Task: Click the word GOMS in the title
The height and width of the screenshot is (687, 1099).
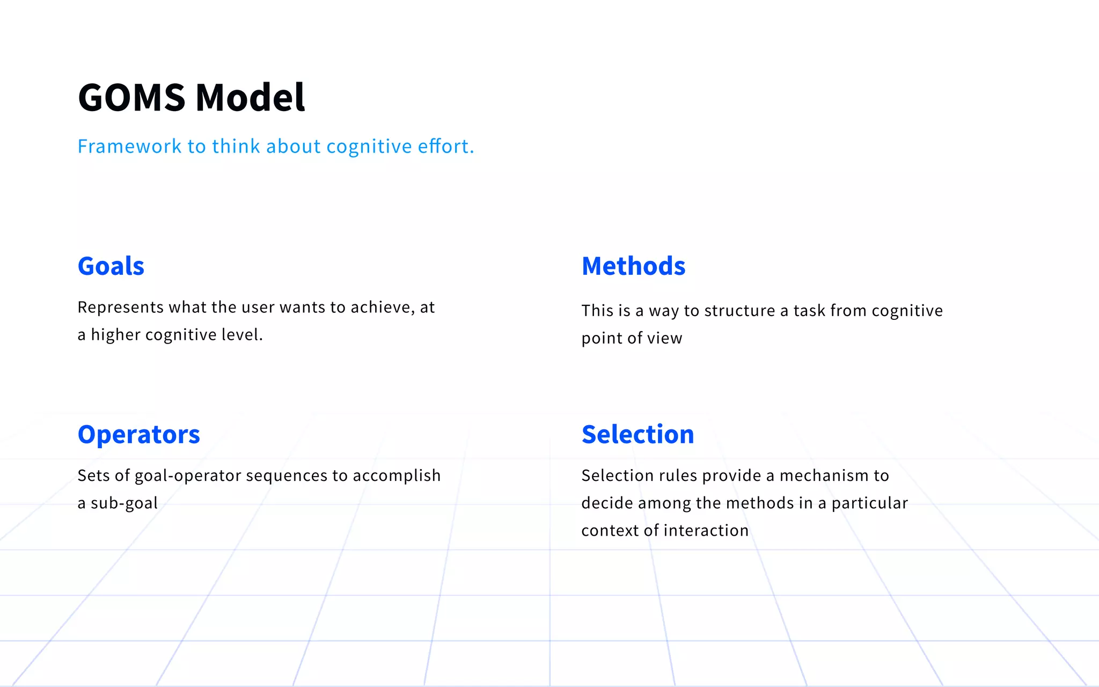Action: (x=131, y=98)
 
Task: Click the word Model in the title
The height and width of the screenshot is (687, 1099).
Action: (x=250, y=98)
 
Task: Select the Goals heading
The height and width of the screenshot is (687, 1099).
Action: (x=111, y=266)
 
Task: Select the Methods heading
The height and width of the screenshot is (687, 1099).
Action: (x=633, y=266)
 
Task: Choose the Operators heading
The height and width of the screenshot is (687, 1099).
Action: (x=138, y=434)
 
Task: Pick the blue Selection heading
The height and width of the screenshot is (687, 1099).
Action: (x=638, y=434)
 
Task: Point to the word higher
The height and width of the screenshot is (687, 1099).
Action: (x=115, y=335)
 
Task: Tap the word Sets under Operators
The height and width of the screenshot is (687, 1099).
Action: (x=93, y=476)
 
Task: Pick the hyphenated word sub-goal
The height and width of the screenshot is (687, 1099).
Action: (x=124, y=503)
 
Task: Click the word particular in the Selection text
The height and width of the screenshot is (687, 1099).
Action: (x=869, y=503)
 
